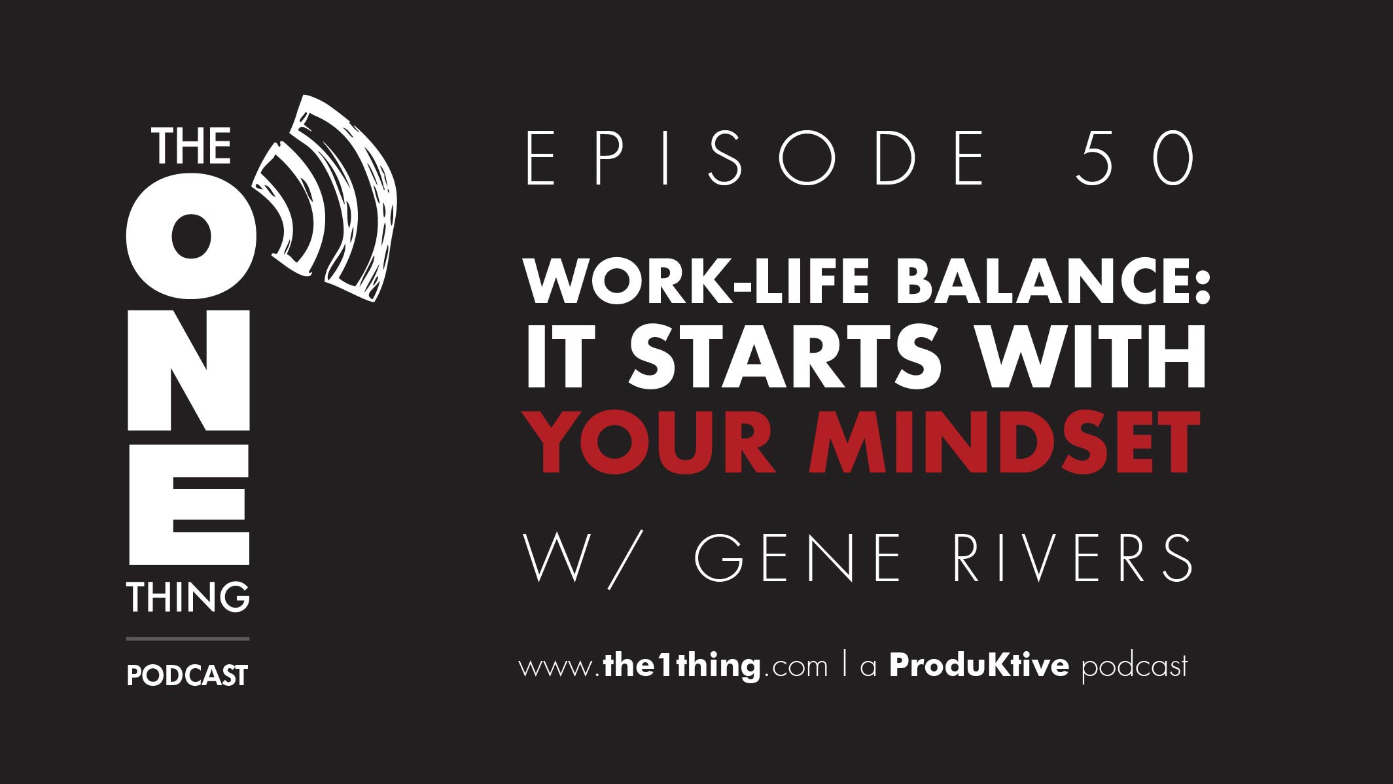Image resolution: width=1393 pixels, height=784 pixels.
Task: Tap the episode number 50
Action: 1135,157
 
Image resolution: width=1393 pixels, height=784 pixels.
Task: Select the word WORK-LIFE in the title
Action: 697,281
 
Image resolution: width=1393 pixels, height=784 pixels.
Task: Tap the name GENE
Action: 798,558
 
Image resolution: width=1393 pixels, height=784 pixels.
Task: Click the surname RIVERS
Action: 1073,558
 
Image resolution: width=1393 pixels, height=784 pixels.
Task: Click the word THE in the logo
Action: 192,147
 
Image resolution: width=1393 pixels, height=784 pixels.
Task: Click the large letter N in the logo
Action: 188,370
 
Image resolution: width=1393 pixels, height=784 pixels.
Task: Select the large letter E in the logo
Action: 189,505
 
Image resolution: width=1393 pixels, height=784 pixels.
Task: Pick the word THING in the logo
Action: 188,597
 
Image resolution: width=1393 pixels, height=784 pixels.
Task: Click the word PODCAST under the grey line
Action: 187,675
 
